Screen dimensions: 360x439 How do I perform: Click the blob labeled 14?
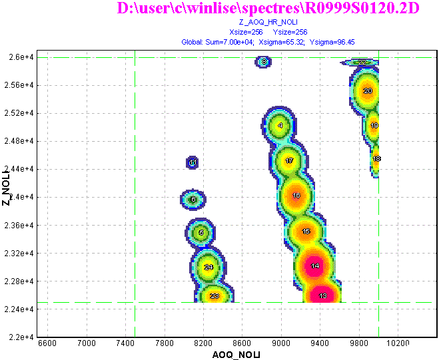314,266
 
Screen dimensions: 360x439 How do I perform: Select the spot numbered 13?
322,296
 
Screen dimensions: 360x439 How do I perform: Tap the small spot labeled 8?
264,62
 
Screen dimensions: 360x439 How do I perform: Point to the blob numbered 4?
280,125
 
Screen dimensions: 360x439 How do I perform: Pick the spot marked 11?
192,162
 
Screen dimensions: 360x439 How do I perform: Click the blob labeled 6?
193,199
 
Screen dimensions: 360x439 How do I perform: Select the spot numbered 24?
209,268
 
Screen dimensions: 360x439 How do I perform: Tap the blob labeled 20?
367,91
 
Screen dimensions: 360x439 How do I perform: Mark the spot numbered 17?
289,161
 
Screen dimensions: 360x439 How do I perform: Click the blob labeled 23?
214,296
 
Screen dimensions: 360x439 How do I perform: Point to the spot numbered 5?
201,232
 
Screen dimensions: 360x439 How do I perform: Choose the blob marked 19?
374,125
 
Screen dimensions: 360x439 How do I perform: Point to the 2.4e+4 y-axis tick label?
20,198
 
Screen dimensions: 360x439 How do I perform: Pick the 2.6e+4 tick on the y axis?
20,58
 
